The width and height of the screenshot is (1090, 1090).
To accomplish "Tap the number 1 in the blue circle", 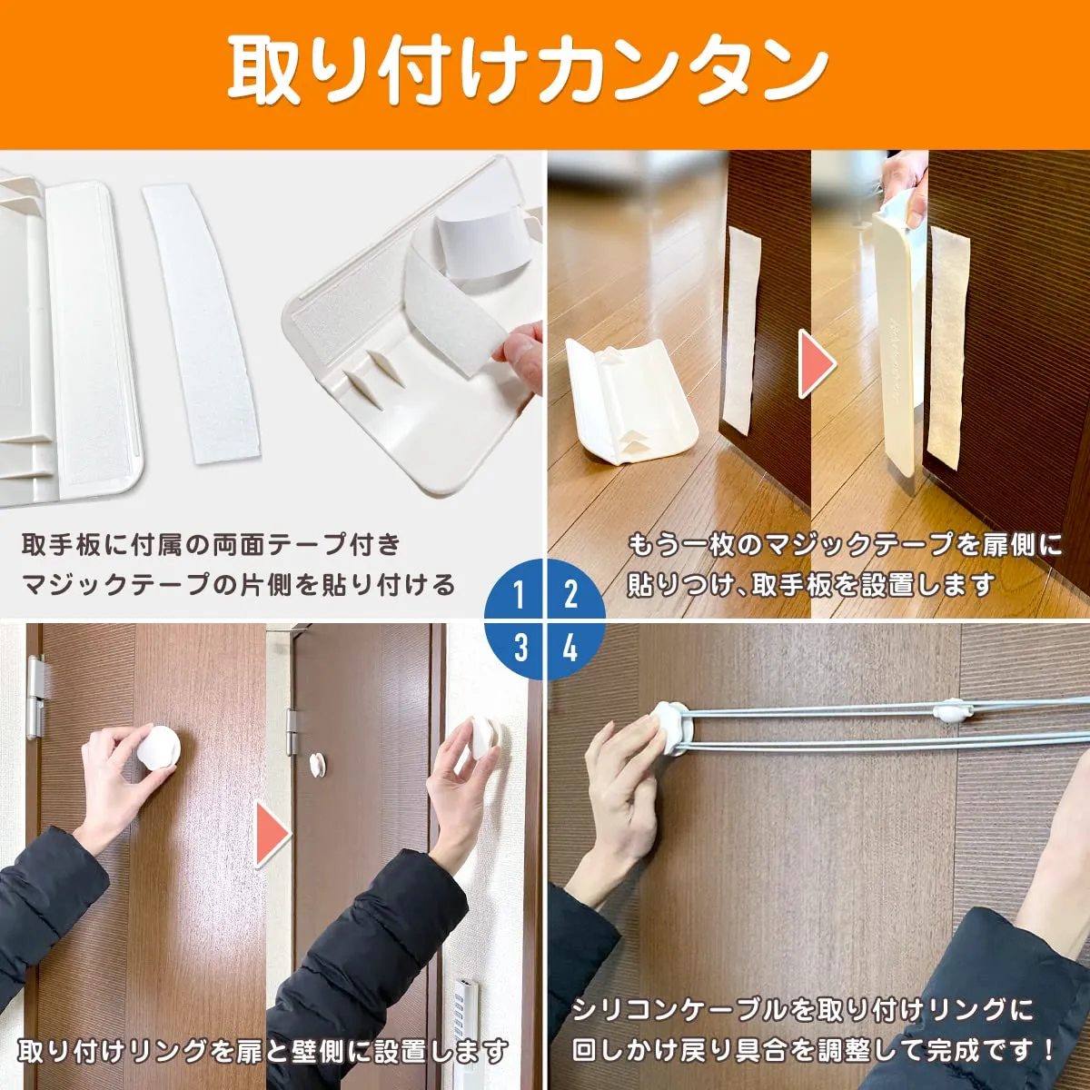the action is click(519, 593).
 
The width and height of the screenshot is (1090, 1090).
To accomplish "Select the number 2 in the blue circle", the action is click(570, 593).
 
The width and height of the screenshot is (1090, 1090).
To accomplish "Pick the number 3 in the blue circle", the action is click(520, 647).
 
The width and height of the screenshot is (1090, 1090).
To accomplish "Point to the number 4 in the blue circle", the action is click(570, 647).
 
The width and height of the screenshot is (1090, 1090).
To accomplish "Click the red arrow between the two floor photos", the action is click(817, 363).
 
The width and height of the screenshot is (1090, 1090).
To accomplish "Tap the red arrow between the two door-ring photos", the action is click(273, 835).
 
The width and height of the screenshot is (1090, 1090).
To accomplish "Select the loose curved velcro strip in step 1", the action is click(202, 325).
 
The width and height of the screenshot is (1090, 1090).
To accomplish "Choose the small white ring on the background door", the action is click(317, 764).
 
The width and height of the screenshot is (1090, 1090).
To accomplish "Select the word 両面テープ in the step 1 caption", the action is click(277, 545).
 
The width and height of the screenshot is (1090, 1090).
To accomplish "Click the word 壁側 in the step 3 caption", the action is click(320, 1051).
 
